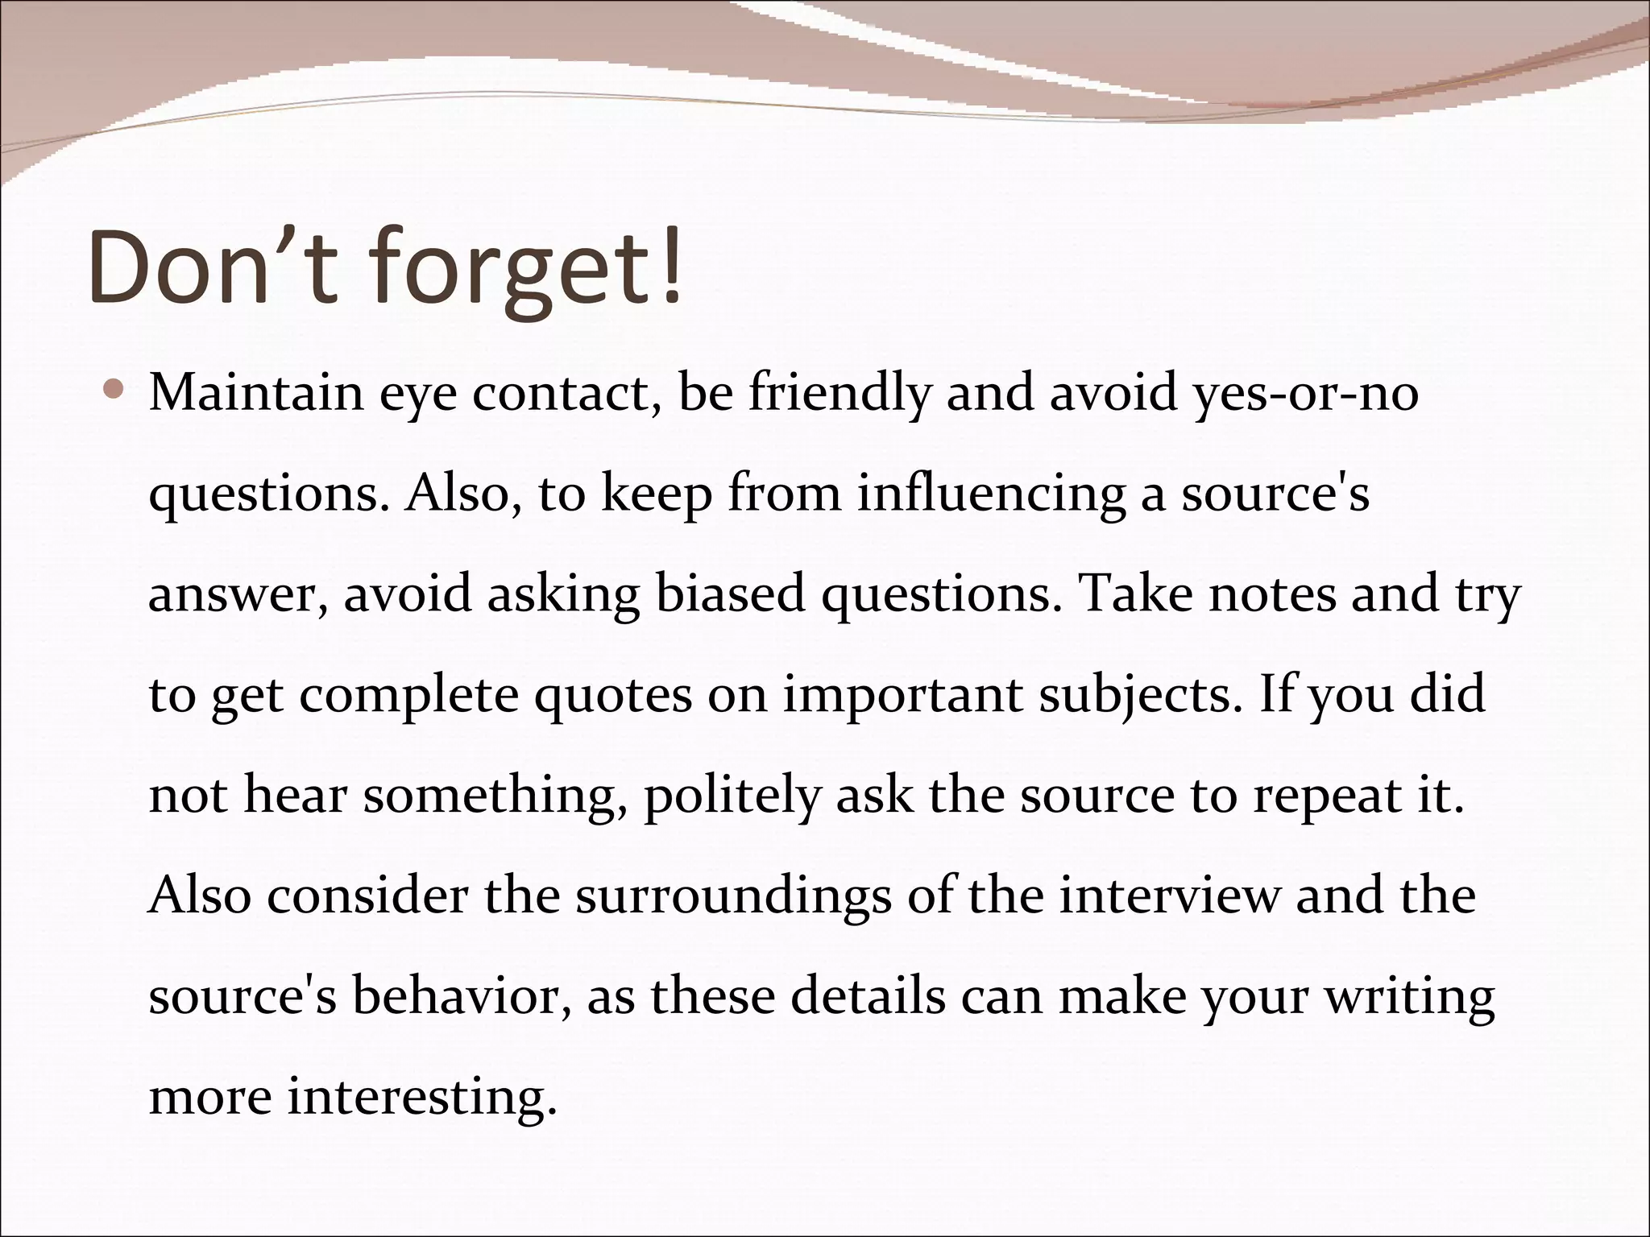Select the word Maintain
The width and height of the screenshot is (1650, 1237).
point(255,393)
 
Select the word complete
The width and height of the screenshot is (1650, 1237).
point(409,697)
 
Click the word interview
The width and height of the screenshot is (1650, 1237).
point(1168,896)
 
